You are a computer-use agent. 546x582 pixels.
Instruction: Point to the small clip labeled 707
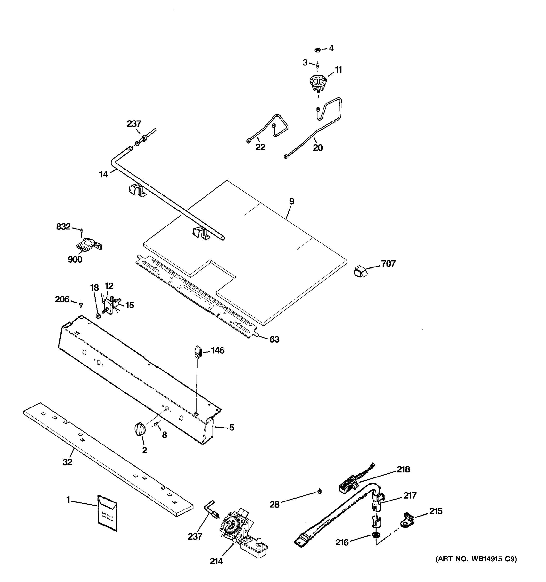[x=360, y=271]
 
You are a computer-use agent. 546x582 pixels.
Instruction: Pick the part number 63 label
[x=274, y=339]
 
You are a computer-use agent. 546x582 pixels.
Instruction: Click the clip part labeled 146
[x=198, y=351]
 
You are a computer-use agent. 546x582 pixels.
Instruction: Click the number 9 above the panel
[x=291, y=202]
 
